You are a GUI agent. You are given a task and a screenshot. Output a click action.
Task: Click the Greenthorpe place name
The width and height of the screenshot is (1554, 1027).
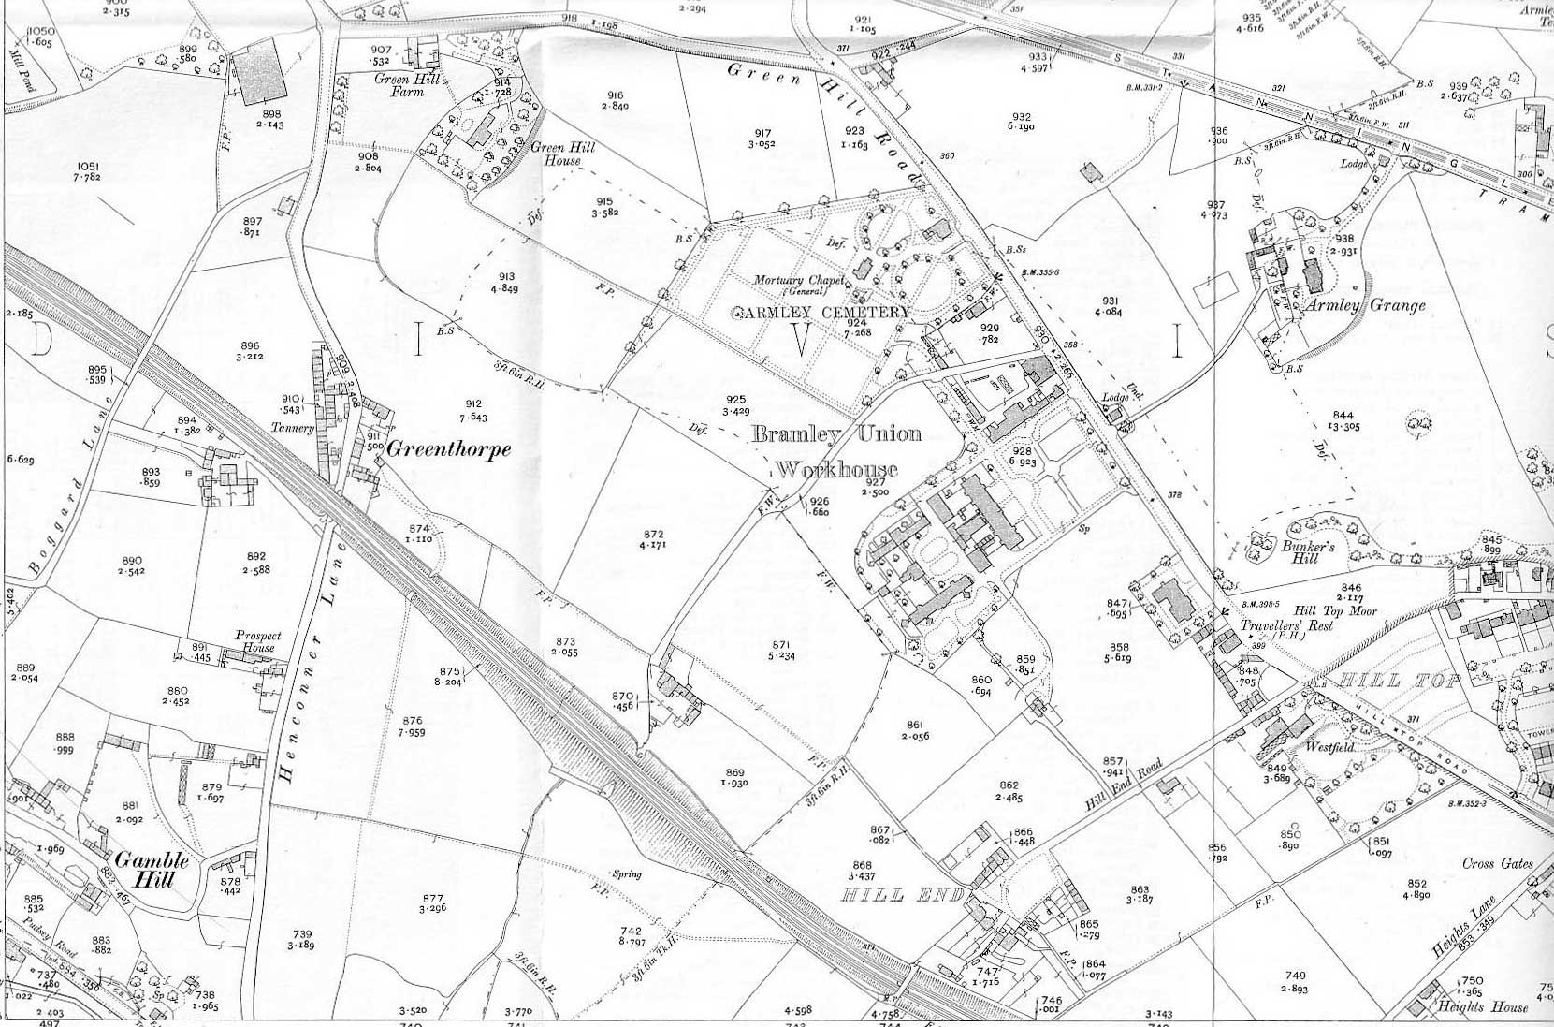(x=449, y=449)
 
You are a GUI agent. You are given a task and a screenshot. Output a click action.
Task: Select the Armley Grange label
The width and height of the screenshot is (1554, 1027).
(x=1366, y=305)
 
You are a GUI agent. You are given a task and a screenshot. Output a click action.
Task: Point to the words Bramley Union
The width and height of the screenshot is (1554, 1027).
(x=835, y=434)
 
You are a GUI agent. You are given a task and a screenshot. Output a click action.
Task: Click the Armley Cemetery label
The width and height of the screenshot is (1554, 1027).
(x=821, y=312)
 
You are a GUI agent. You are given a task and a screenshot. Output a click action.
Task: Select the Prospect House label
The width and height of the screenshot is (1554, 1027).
(x=257, y=641)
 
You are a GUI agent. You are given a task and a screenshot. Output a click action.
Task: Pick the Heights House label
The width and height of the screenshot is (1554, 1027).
(x=1491, y=1006)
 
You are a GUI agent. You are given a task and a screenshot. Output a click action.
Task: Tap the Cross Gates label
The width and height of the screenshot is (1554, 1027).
(x=1498, y=863)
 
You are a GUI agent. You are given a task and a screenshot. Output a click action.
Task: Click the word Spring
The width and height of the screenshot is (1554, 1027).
(x=626, y=874)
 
